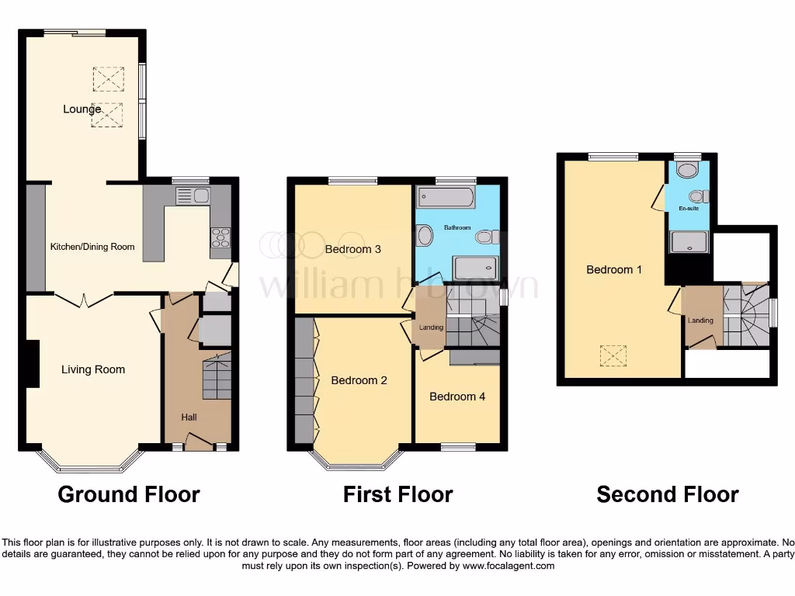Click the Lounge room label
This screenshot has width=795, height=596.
click(x=82, y=109)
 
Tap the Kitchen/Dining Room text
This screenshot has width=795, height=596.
click(x=92, y=247)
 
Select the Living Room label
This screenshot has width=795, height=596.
click(x=93, y=369)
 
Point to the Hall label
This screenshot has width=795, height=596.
click(x=189, y=418)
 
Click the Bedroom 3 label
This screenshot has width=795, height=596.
click(x=352, y=249)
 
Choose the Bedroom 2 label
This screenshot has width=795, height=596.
click(x=359, y=380)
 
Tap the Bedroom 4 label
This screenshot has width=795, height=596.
click(x=457, y=397)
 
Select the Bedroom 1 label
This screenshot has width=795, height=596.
click(x=614, y=269)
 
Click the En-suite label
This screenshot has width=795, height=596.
click(x=688, y=209)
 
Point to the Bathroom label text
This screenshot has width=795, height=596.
click(x=457, y=227)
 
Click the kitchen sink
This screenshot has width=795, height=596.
click(x=193, y=196)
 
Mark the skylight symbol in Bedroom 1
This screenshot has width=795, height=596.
click(x=614, y=356)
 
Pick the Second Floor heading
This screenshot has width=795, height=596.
click(x=667, y=494)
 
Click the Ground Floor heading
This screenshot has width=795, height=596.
click(x=129, y=494)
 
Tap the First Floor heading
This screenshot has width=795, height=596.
click(x=397, y=494)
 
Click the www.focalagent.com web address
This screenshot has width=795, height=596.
click(x=509, y=566)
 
